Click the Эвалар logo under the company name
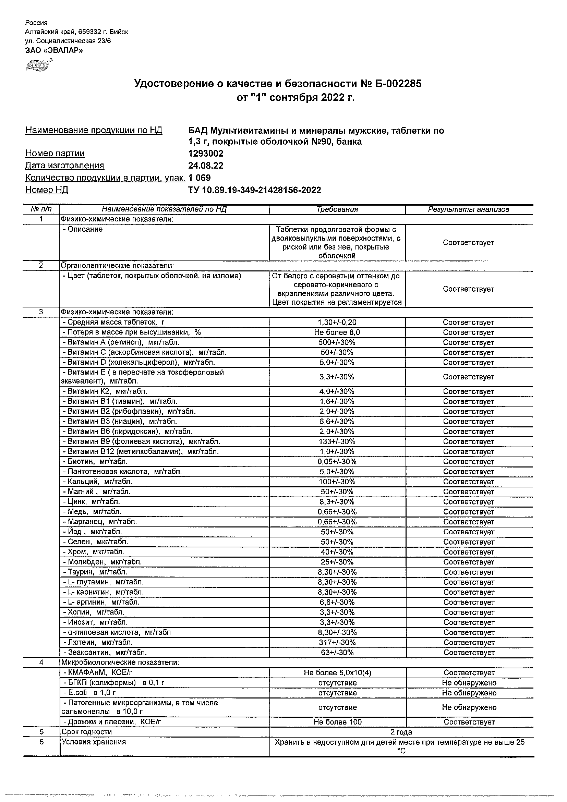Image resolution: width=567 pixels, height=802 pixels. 39,66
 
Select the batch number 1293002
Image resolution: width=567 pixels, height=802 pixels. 206,154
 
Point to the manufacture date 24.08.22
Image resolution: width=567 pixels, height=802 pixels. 206,166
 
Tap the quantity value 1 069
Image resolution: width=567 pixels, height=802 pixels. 200,178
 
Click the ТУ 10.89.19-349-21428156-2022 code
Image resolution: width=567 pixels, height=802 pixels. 254,190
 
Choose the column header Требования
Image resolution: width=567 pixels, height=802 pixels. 337,209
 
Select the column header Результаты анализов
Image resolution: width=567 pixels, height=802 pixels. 469,209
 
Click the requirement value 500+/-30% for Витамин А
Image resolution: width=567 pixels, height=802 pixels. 337,342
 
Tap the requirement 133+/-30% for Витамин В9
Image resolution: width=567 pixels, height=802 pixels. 337,441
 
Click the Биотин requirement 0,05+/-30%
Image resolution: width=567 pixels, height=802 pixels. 337,462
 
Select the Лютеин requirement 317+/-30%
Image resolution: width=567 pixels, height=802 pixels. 337,642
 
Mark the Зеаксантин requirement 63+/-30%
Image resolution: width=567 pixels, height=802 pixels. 337,653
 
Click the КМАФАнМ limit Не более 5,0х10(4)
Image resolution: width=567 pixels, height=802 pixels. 337,673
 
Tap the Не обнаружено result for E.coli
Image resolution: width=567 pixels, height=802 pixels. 469,693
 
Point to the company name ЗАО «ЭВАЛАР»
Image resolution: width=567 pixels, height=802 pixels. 54,50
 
